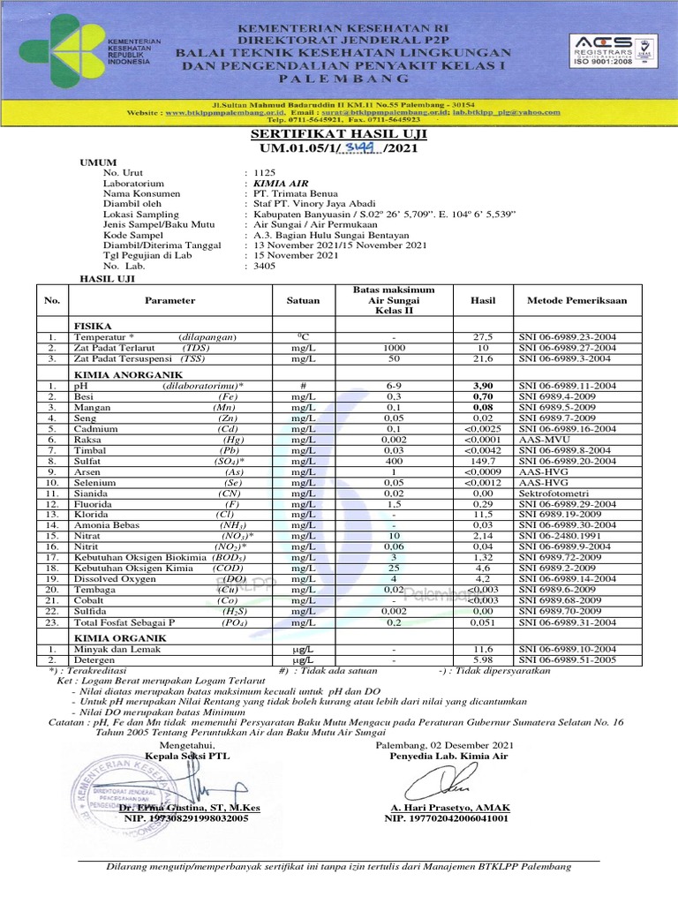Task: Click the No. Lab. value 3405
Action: pyautogui.click(x=265, y=265)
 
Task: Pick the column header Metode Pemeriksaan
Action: pyautogui.click(x=576, y=301)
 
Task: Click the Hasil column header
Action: pyautogui.click(x=483, y=301)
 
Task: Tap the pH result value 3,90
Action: pyautogui.click(x=483, y=387)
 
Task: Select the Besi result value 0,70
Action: pyautogui.click(x=483, y=397)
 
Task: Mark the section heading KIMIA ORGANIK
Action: pyautogui.click(x=111, y=637)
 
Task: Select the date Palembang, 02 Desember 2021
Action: pyautogui.click(x=445, y=746)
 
